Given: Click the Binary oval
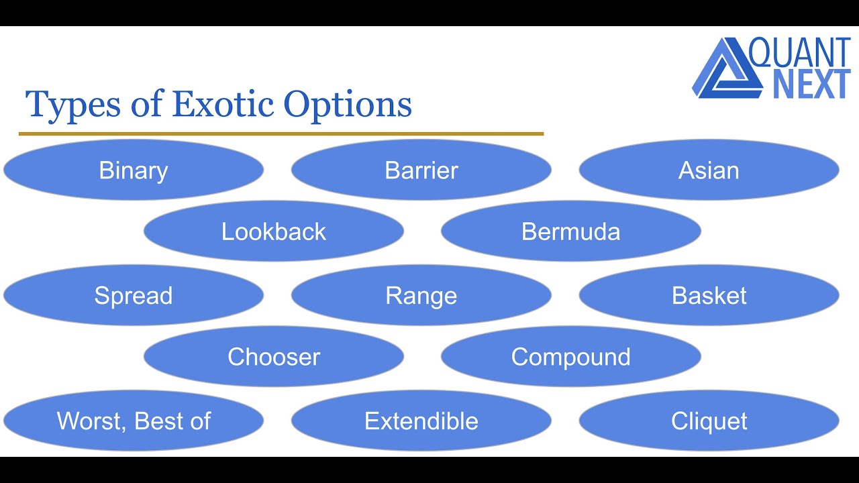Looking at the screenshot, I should coord(134,170).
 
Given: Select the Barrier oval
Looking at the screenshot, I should coord(421,170).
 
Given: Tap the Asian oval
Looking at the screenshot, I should coord(709,170).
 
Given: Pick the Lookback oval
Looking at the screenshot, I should coord(274,231).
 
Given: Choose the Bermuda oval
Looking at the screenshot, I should coord(571,231).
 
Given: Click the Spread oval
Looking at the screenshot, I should coord(134,296).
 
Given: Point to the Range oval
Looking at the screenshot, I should coord(421,296).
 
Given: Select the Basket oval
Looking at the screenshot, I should coord(709,296).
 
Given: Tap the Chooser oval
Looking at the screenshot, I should coord(274,357).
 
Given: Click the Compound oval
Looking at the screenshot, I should coord(571,357).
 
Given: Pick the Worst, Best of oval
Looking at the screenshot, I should coord(134,421).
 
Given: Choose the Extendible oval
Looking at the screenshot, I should coord(421,421).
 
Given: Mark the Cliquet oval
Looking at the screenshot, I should coord(709,421).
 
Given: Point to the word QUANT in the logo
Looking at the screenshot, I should coord(800,52).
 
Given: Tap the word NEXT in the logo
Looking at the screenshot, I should coord(811,85).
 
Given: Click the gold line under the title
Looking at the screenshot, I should coord(281,134).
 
